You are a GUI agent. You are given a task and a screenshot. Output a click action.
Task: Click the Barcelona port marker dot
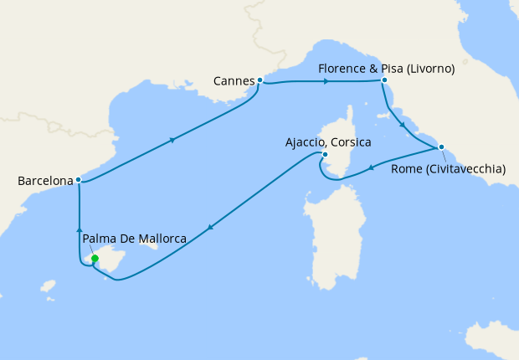tap(78, 180)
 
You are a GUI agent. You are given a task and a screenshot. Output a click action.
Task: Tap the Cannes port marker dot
tap(260, 80)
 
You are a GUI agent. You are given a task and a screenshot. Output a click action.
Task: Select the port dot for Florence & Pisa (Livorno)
tap(383, 81)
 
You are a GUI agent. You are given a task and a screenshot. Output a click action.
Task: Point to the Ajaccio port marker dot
tap(325, 154)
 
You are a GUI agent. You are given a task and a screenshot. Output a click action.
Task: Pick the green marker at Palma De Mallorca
tap(95, 259)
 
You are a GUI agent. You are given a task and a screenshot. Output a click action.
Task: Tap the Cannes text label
tap(234, 81)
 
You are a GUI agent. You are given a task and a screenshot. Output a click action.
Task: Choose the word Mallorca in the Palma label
tap(162, 239)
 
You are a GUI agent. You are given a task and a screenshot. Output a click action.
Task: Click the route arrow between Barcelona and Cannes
tap(172, 140)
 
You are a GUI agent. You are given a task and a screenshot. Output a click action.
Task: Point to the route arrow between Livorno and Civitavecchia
tap(403, 125)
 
